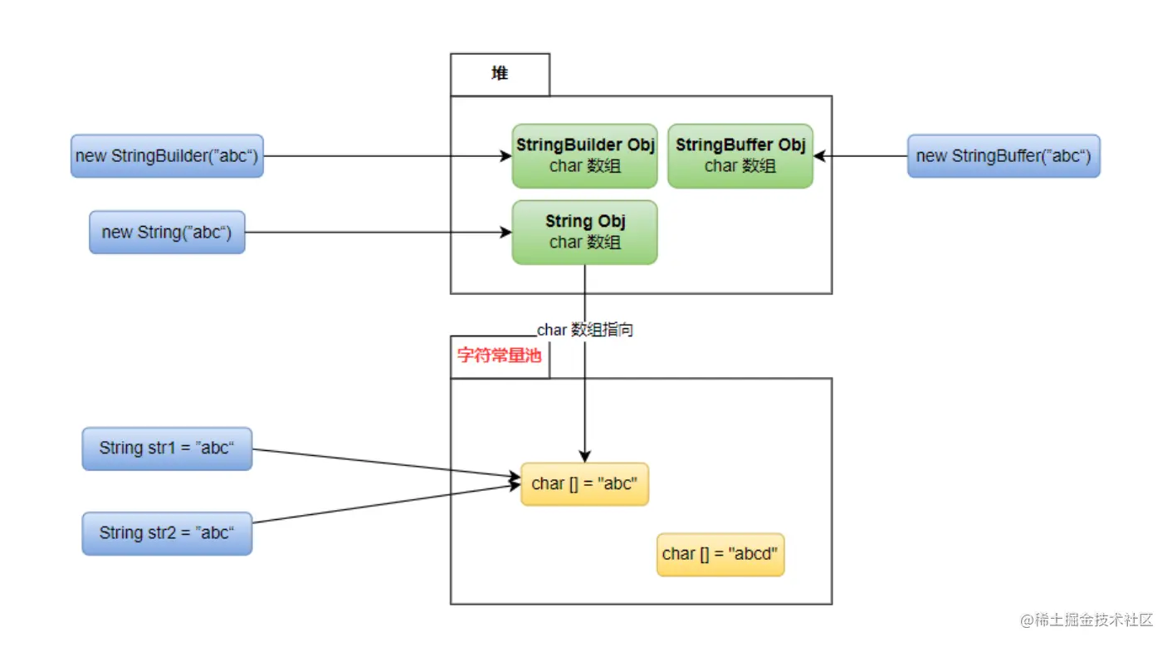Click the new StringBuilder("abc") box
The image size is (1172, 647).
[167, 156]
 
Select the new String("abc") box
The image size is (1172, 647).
[167, 233]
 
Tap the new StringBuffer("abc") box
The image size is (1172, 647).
[1004, 156]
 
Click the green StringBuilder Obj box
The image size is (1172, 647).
[585, 156]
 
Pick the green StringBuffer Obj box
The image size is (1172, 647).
[740, 156]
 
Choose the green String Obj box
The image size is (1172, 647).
[585, 233]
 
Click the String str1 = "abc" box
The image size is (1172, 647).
[167, 448]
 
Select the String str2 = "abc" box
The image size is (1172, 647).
[167, 533]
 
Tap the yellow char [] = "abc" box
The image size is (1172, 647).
[585, 483]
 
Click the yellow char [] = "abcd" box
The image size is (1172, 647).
[720, 554]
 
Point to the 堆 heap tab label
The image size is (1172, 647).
[500, 73]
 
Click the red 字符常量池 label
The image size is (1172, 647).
[499, 355]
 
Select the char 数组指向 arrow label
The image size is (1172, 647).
[585, 330]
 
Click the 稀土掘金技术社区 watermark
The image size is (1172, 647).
[1087, 620]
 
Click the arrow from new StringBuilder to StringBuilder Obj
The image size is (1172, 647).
[388, 156]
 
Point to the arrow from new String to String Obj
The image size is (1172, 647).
[378, 233]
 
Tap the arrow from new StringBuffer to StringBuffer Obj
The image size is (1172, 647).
[861, 156]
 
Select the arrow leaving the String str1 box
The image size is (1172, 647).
[387, 463]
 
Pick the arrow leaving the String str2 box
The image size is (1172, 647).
[387, 503]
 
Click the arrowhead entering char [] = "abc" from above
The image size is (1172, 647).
[585, 456]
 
